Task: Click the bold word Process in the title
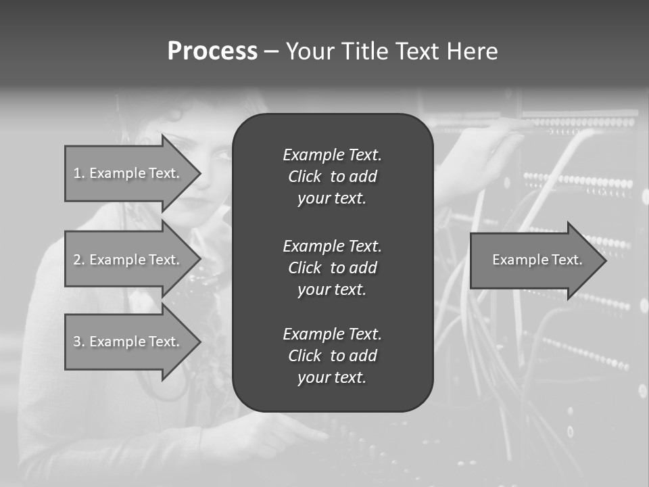pos(212,51)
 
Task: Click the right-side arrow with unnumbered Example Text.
pos(534,260)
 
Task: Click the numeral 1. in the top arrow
pos(78,173)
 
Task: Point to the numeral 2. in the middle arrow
pos(78,260)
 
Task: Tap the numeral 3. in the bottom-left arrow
pos(78,342)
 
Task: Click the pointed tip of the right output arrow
pos(603,260)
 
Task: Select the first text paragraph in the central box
pos(332,177)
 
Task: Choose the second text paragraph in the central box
pos(332,268)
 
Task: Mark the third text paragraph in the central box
pos(332,356)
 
